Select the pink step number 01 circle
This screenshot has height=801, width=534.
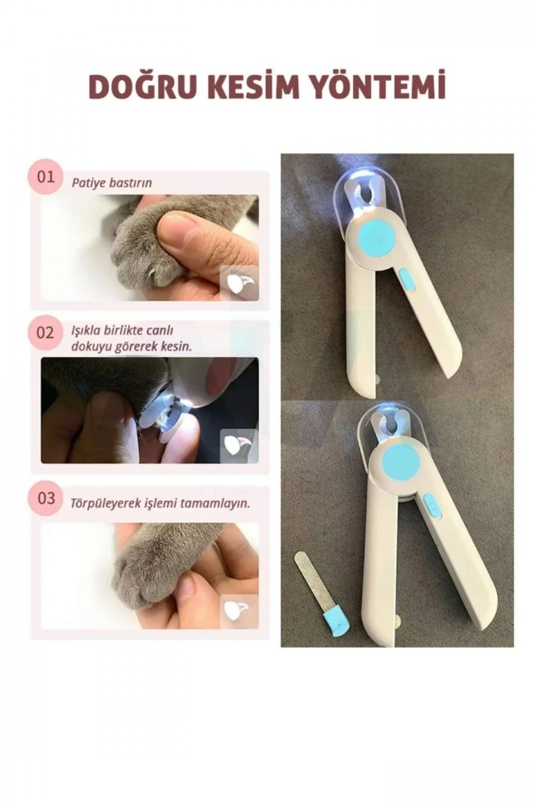pos(45,177)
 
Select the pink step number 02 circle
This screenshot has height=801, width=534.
pos(45,333)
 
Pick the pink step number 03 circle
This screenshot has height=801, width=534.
pos(45,498)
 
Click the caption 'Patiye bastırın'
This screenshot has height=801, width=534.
pos(112,183)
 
